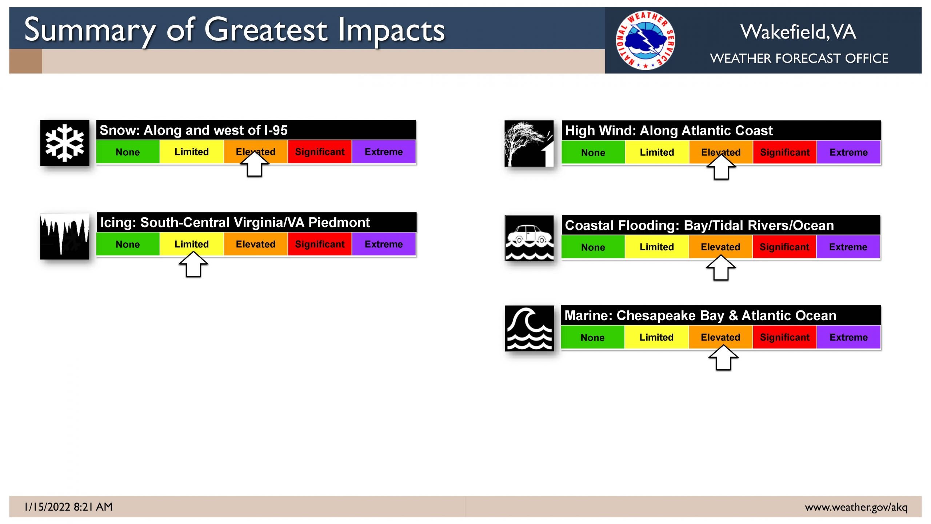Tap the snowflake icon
(65, 143)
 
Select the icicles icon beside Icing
(65, 237)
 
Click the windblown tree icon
(529, 143)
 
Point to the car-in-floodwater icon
(530, 238)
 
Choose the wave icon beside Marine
(530, 328)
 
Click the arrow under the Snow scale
(255, 164)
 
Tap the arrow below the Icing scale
(193, 264)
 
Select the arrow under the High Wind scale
(721, 167)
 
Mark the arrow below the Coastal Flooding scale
(721, 267)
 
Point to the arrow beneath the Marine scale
(723, 357)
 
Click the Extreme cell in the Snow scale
(384, 152)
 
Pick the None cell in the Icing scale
(128, 244)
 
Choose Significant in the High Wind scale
(785, 152)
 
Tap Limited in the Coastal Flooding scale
(657, 247)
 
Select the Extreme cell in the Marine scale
(848, 337)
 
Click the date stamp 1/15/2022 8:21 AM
(69, 507)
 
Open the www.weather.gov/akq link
(856, 507)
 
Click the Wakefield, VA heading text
(798, 32)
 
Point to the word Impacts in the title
(391, 31)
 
